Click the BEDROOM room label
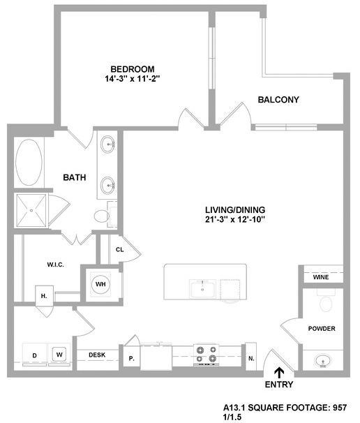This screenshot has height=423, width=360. [x=133, y=69]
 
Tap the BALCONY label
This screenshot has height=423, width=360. [x=278, y=100]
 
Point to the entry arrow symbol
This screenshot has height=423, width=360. [x=279, y=373]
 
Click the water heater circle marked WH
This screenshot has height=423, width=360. [x=100, y=284]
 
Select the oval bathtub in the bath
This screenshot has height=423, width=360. [x=29, y=162]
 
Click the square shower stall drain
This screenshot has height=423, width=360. [x=31, y=210]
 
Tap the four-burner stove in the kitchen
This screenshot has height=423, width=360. [x=207, y=355]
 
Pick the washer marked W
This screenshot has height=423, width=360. [x=59, y=354]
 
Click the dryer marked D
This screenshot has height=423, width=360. [x=34, y=355]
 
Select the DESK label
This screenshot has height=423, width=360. [x=97, y=355]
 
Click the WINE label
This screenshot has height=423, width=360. [x=321, y=277]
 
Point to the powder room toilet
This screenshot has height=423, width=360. [x=326, y=301]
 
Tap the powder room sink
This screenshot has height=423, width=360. [x=323, y=361]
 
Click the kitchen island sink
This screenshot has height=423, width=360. [x=202, y=289]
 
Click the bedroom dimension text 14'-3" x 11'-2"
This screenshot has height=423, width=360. [x=133, y=79]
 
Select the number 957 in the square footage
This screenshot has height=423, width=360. [x=339, y=408]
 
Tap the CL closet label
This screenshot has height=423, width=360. [x=120, y=249]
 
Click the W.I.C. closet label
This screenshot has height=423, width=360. [x=56, y=265]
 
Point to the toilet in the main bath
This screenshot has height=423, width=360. [x=103, y=216]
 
